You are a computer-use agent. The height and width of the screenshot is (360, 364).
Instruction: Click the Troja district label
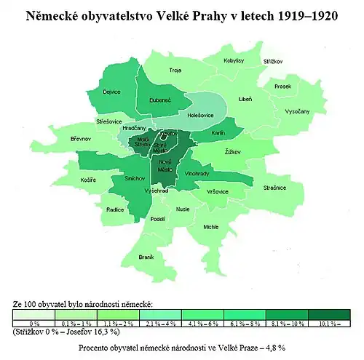175,71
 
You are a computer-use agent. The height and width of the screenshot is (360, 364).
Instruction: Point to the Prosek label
283,86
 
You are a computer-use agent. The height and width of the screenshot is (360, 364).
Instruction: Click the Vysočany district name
297,111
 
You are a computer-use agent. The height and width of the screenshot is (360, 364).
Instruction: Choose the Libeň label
246,99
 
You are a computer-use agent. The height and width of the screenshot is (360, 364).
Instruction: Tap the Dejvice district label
111,92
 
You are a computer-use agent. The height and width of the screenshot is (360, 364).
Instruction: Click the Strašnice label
274,188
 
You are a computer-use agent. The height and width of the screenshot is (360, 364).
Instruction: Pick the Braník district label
146,257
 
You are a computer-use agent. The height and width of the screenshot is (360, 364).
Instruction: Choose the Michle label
211,227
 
